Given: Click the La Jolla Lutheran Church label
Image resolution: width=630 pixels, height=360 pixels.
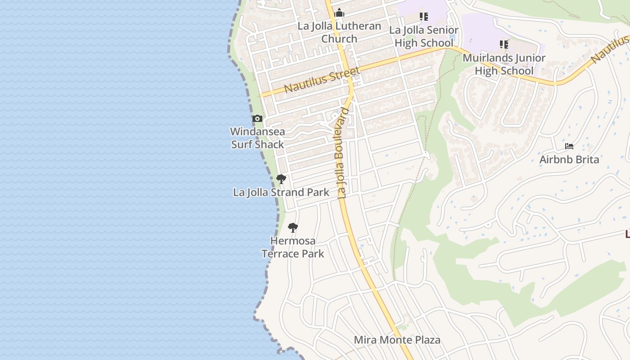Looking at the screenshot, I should coord(339,32).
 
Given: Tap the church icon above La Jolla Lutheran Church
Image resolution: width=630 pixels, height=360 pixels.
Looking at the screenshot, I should coord(339,13).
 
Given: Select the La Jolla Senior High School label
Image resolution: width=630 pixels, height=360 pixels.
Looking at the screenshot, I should coord(423,36).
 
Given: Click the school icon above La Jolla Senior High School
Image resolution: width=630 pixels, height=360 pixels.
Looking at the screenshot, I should coord(423,17).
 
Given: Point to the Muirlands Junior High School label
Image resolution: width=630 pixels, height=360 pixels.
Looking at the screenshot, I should coord(504,64).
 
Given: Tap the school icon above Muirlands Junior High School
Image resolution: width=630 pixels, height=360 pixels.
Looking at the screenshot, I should coord(504,45).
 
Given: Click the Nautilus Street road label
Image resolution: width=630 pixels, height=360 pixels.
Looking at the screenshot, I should coord(322,80).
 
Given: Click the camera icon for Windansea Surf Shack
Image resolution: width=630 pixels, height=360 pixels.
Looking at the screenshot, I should coord(257,119).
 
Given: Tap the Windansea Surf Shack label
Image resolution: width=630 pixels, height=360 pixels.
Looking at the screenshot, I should coord(257,138).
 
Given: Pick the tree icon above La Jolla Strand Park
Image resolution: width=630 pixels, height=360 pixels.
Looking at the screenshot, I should coord(281,179).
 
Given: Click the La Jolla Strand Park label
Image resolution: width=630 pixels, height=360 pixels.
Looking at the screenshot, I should coord(281,193).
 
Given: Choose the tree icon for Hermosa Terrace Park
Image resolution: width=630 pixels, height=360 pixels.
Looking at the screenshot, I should coord(293,227).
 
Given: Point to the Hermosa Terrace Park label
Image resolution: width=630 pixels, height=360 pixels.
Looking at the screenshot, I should coord(293,247).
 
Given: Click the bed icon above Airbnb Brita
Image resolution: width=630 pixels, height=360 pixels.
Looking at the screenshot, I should coord(569,146).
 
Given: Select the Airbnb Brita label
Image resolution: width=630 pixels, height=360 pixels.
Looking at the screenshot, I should coord(569,160).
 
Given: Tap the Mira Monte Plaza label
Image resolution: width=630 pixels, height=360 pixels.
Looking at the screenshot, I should coord(397,340).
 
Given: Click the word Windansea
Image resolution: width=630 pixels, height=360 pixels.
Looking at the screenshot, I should coord(257,132).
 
